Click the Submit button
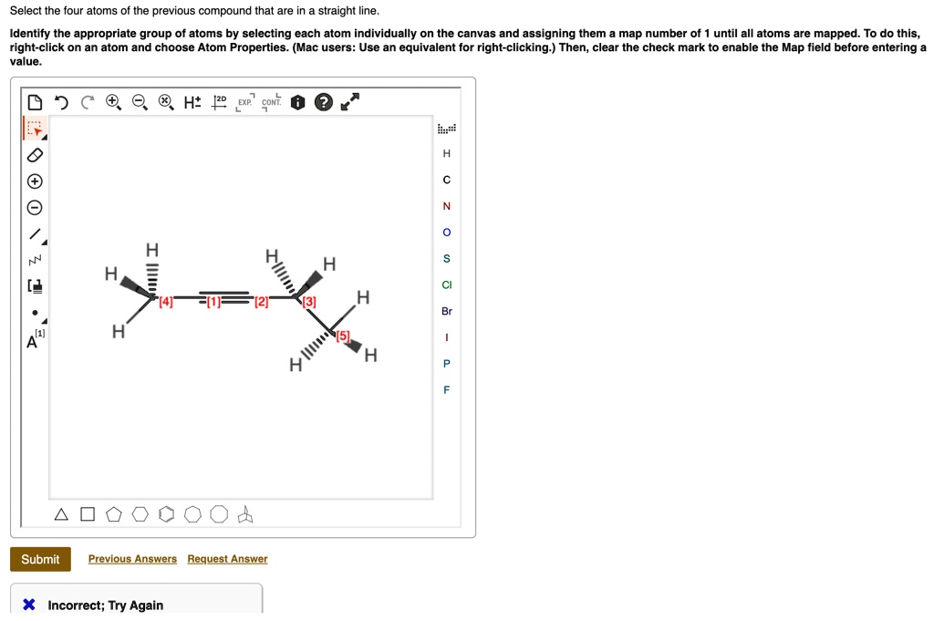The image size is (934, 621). (x=40, y=559)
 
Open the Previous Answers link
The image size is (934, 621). (x=132, y=559)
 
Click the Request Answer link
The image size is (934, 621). (x=227, y=559)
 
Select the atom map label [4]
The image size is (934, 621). (x=166, y=302)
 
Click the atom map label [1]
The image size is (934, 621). (x=213, y=302)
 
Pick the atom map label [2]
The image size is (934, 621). (x=262, y=302)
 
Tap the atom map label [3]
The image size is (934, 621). (x=310, y=302)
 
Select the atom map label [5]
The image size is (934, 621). (x=343, y=336)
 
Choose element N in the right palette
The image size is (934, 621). (x=446, y=206)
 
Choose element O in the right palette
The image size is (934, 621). (x=446, y=233)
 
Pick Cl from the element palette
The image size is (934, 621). (x=446, y=285)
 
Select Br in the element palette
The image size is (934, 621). (x=446, y=311)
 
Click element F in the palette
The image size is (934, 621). (x=446, y=389)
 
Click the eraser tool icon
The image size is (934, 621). (x=34, y=154)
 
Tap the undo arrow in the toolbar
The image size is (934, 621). (x=60, y=102)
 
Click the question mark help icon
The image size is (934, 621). (x=323, y=102)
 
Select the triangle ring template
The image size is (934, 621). (x=61, y=514)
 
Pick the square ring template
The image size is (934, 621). (x=87, y=514)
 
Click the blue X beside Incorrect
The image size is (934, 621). (x=29, y=605)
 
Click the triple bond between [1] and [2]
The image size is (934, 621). (x=236, y=297)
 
